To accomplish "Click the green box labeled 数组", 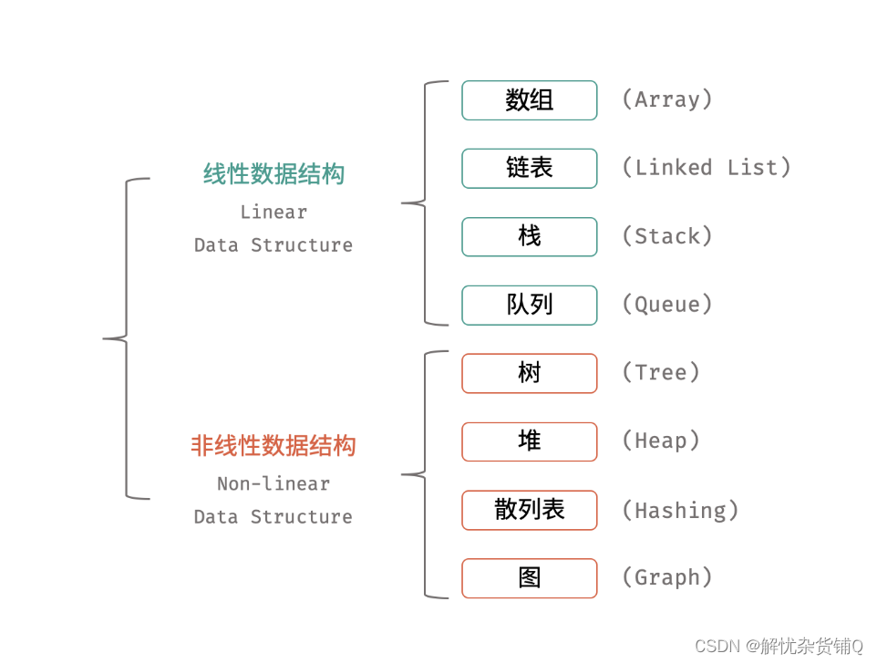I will coord(529,100).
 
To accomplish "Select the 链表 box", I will coord(529,169).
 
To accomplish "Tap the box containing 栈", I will coord(529,237).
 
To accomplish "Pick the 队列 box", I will coord(529,305).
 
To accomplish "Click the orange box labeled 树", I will coord(529,373).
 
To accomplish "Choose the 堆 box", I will coord(529,441).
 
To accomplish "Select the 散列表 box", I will coord(529,510).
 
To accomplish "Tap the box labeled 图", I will coord(529,578).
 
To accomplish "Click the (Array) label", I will coord(666,99).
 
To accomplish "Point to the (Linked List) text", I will coord(706,168).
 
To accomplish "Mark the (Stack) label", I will coord(666,236).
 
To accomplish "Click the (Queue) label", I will coord(666,305).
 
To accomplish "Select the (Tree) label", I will coord(660,372).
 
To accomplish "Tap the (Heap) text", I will coord(660,441).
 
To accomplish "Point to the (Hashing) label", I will coord(679,510).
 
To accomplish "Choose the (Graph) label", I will coord(666,577).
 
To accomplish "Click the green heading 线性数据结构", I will coord(273,174).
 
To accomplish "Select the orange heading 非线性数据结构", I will coord(273,446).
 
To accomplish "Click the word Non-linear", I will coord(273,484).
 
